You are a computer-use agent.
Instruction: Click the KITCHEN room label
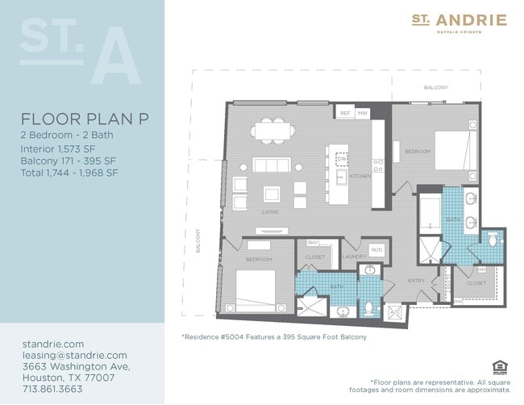[360, 176]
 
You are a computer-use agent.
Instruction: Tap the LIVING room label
[270, 213]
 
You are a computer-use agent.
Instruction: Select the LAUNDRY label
[354, 257]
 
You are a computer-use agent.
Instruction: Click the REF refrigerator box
[344, 114]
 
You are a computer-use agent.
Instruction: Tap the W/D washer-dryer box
[376, 250]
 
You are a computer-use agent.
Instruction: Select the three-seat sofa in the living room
[271, 165]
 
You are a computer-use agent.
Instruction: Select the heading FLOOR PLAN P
[85, 119]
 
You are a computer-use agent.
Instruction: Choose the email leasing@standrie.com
[74, 355]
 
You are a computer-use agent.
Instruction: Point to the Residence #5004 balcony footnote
[274, 336]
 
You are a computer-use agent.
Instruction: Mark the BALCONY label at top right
[436, 86]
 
